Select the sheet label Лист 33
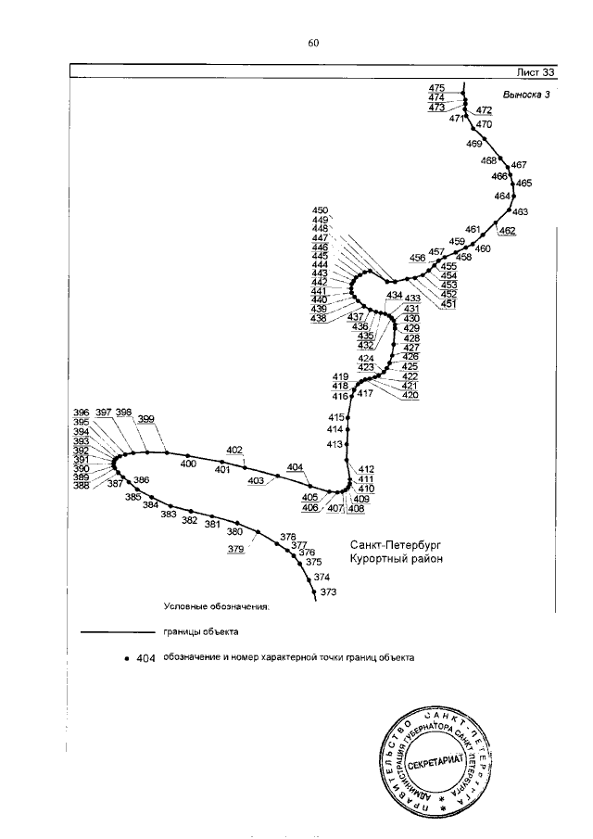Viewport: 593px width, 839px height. coord(536,72)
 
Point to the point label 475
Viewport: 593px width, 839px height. coord(436,87)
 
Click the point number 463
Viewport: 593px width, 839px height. coord(519,212)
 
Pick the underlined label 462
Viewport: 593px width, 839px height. coord(506,230)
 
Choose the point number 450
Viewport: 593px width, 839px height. coord(321,210)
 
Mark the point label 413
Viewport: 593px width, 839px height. coord(335,445)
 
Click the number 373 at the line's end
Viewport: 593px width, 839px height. coord(328,591)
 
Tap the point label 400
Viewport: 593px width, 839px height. coord(189,464)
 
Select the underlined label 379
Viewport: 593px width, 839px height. coord(235,549)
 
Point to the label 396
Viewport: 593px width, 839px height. coord(81,413)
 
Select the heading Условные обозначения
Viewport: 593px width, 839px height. coord(216,608)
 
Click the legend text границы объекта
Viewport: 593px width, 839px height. coord(202,632)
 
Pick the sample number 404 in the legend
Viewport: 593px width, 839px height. coord(145,658)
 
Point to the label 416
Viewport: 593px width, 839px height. coord(339,397)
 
